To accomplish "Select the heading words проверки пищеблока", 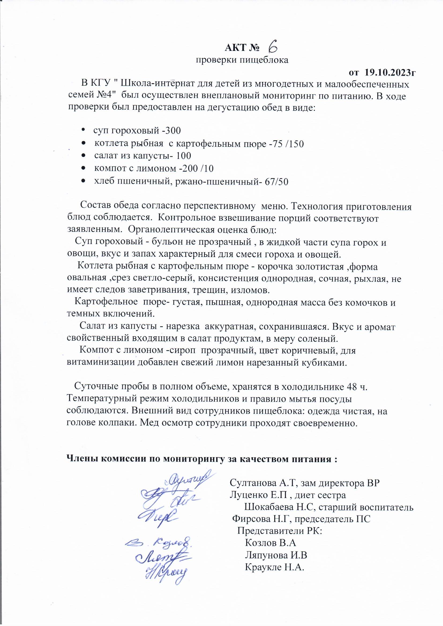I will point(242,60).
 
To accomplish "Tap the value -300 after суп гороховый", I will point(172,131).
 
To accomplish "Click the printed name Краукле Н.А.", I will point(275,567).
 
